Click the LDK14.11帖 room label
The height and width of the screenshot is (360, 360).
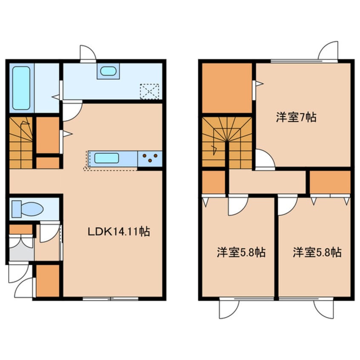click(x=119, y=231)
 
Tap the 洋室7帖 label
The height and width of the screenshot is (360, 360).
click(x=296, y=117)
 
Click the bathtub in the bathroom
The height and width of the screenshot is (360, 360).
click(x=21, y=88)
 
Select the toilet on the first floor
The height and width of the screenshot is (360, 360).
click(x=28, y=209)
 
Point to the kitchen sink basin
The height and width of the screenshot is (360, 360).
click(x=106, y=158)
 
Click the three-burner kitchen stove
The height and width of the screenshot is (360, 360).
click(x=150, y=158)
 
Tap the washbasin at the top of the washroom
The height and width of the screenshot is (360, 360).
click(x=108, y=71)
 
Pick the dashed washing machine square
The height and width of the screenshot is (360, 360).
click(x=149, y=91)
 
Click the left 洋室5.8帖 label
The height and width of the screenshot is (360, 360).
click(x=241, y=252)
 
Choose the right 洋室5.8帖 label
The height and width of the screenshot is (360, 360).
click(x=317, y=252)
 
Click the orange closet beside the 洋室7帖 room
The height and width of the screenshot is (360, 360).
click(x=227, y=88)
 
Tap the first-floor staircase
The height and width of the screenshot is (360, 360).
click(x=21, y=143)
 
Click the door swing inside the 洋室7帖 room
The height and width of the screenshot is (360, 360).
click(x=265, y=159)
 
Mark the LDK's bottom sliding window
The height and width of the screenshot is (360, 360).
click(x=111, y=299)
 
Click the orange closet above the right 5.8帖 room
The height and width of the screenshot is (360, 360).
click(x=330, y=182)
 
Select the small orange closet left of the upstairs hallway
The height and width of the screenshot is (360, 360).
click(x=214, y=182)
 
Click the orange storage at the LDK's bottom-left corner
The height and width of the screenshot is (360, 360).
click(x=48, y=281)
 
